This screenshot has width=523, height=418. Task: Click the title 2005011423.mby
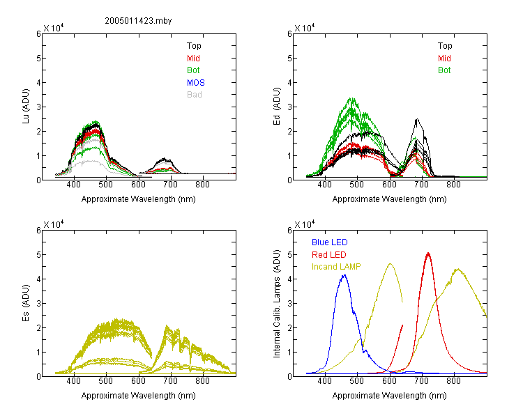138,21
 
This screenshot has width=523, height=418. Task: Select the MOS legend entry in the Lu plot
196,83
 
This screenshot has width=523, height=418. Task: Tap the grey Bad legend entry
195,95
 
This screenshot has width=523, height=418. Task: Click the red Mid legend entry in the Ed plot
444,59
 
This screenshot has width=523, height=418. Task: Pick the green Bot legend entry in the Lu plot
193,70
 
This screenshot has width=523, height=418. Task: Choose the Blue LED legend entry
330,242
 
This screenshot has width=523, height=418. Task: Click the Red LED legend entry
329,255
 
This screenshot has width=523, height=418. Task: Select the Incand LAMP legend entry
336,267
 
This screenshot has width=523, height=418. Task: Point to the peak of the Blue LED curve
344,275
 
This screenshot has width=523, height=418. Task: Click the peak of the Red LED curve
428,254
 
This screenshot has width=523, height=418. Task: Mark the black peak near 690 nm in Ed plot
417,119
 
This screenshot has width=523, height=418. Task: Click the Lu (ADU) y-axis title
26,107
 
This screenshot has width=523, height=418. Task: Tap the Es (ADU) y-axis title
26,303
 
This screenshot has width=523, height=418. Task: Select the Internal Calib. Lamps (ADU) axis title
277,304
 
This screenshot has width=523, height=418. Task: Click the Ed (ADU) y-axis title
277,107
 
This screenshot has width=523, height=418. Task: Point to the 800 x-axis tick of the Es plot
202,381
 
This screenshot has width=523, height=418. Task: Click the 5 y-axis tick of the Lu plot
38,59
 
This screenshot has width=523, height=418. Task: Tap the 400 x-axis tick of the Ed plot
324,185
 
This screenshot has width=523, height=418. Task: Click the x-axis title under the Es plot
139,396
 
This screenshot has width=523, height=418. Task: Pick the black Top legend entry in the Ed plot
445,46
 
